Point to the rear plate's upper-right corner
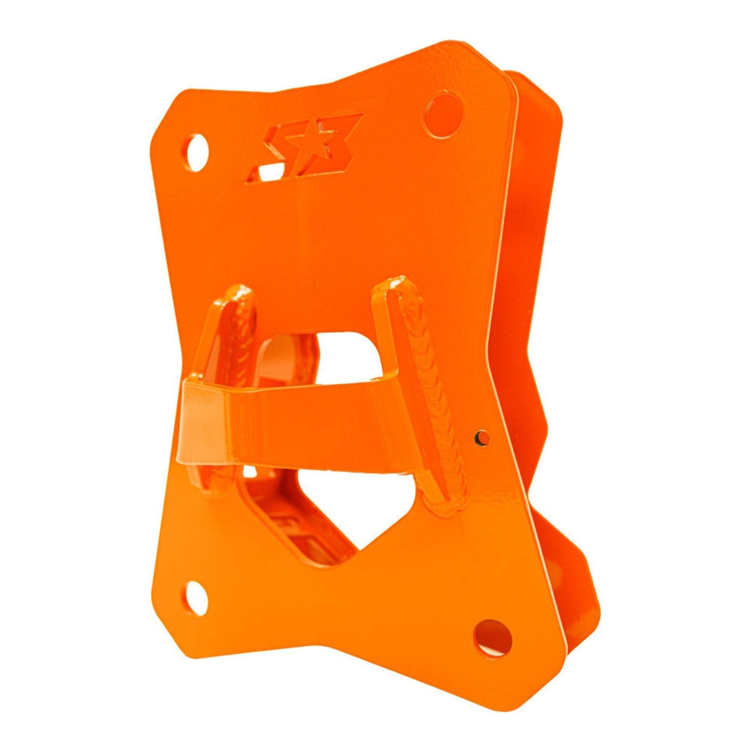pos(544,93)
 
